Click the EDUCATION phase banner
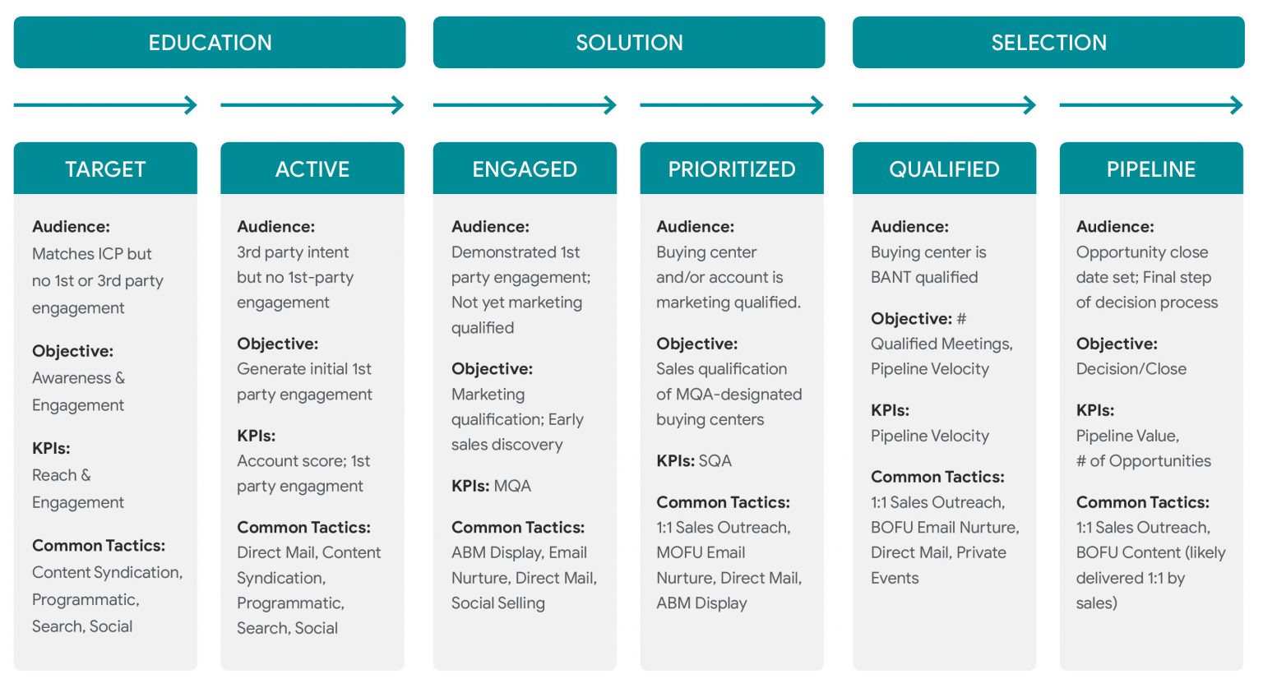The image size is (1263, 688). coord(210,42)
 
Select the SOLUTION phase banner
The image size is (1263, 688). coord(629,42)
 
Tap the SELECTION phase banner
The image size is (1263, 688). coord(1048,42)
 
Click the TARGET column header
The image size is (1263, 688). coord(105,169)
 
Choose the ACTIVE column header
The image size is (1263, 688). coord(312,169)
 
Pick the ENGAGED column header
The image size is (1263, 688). coord(525,169)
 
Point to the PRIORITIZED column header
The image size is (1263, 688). coord(732,169)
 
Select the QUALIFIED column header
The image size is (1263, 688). coord(945,169)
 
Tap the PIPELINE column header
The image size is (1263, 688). coord(1151,169)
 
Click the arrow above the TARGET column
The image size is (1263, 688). coord(105,105)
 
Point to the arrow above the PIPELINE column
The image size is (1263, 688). coord(1151,105)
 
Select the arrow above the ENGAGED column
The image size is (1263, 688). coord(525,105)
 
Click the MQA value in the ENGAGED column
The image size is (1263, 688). coord(512,486)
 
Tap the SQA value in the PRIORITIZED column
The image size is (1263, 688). coord(715,461)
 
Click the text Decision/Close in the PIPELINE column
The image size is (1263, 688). coord(1131,369)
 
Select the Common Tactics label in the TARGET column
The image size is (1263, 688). coord(99,546)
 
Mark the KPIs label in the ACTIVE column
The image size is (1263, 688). coord(256,436)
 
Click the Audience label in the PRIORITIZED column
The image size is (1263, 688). coord(695,227)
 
